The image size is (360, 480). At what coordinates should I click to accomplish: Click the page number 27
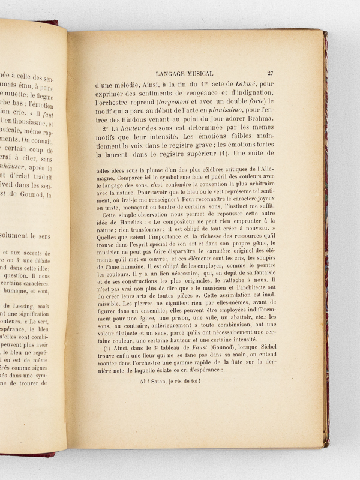270,73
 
